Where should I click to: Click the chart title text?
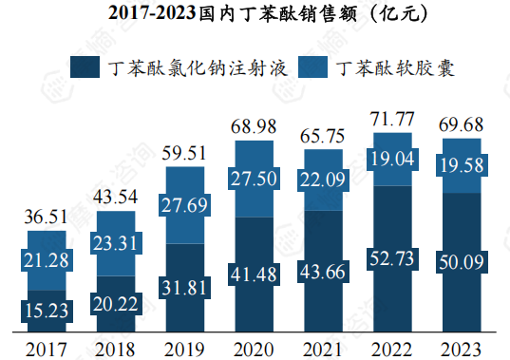(x=255, y=13)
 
